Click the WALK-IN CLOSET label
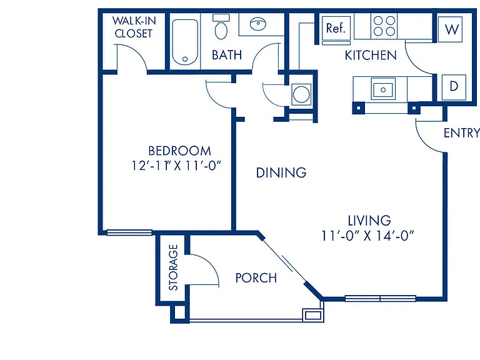point(134,27)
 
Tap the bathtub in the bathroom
point(185,42)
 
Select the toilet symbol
point(221,27)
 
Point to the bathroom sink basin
point(258,24)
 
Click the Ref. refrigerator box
point(336,28)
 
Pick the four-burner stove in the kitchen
point(384,26)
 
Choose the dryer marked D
point(454,87)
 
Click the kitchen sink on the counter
point(383,89)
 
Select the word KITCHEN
point(371,56)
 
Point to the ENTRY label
point(461,133)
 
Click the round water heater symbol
point(301,94)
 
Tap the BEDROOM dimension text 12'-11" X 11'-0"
point(176,166)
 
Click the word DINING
point(281,172)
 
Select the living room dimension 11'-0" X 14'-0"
point(367,236)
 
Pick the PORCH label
point(256,278)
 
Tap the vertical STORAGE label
point(173,267)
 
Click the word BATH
point(227,55)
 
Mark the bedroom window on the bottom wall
point(129,232)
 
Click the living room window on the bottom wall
point(380,298)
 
